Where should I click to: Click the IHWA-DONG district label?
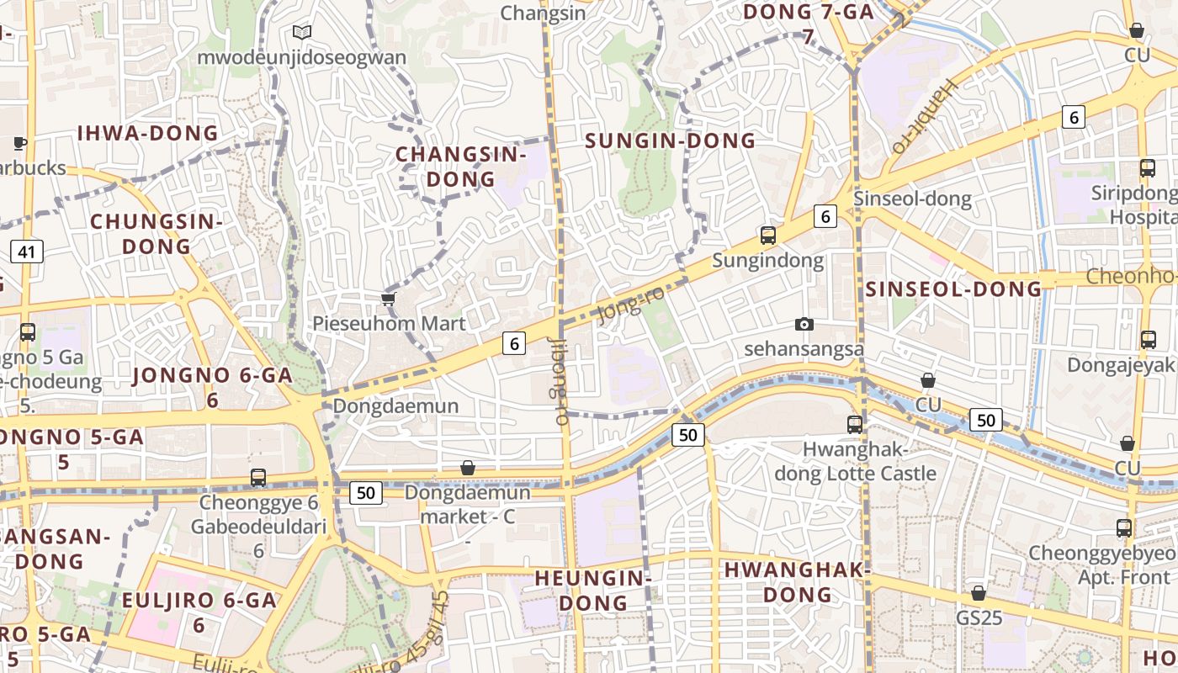(x=147, y=133)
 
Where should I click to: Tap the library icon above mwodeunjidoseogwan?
(x=302, y=33)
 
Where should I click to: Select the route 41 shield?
(x=27, y=251)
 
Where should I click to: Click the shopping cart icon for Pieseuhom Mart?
(x=388, y=299)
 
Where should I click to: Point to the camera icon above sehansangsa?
(x=804, y=325)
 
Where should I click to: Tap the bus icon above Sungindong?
(x=767, y=236)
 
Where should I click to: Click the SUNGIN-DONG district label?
(x=671, y=140)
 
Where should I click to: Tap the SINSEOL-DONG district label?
(x=954, y=289)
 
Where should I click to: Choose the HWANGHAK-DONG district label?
(x=796, y=582)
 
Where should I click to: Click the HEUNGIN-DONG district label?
(x=593, y=591)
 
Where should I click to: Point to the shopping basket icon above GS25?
(x=978, y=594)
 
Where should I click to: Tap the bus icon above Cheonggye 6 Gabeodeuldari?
(x=258, y=478)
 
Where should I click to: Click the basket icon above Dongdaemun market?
(x=468, y=468)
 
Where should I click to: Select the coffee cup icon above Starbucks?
(x=19, y=143)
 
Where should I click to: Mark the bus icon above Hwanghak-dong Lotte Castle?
(x=855, y=425)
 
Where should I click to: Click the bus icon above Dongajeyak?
(x=1148, y=340)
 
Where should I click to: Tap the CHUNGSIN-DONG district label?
(x=157, y=234)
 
